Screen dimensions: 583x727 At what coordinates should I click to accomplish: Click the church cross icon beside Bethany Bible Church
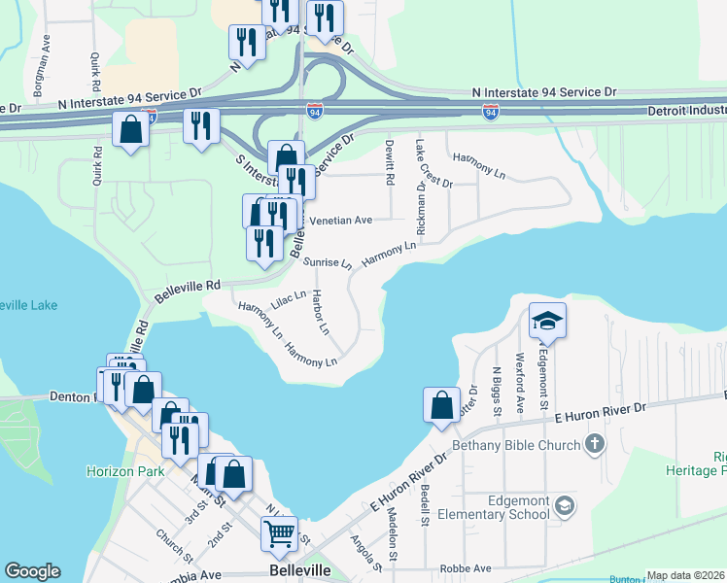595,444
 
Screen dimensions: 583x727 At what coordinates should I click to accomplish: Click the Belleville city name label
299,569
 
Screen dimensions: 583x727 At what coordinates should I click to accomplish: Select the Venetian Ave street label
340,221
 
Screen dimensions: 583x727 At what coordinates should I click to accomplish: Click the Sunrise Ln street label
327,262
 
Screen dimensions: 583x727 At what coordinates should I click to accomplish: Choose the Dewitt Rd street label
389,161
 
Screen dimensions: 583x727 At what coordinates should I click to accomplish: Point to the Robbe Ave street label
465,568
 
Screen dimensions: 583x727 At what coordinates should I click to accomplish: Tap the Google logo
32,571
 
